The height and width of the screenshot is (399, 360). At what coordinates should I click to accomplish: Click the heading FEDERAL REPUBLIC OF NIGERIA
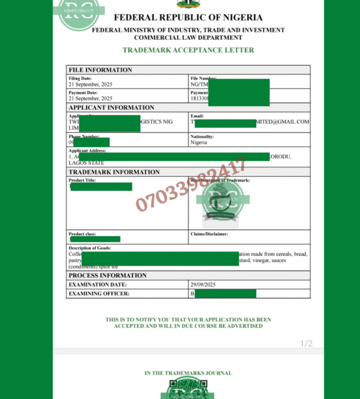(x=188, y=17)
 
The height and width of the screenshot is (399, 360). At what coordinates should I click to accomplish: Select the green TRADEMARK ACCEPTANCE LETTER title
(x=188, y=50)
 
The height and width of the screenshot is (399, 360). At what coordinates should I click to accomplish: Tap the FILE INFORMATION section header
(x=100, y=70)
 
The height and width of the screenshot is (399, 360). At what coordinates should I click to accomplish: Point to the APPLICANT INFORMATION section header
(x=111, y=107)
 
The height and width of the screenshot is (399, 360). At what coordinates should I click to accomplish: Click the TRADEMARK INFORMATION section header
(x=114, y=172)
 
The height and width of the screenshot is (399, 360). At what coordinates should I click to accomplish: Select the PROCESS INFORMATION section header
(x=108, y=275)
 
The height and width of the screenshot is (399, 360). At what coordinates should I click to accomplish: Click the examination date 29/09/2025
(x=204, y=285)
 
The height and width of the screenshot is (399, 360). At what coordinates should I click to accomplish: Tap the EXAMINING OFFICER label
(x=99, y=293)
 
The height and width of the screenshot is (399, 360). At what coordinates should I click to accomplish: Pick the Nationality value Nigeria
(x=199, y=142)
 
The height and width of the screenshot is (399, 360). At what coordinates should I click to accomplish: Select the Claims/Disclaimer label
(x=209, y=234)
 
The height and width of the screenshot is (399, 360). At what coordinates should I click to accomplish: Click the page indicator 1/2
(x=306, y=343)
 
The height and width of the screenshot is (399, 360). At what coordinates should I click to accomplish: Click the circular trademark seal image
(x=222, y=200)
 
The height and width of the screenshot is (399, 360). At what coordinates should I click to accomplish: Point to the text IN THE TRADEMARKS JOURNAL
(x=188, y=373)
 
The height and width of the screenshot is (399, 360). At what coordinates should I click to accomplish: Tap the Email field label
(x=197, y=116)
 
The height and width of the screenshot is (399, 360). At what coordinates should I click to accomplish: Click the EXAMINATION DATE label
(x=98, y=285)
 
